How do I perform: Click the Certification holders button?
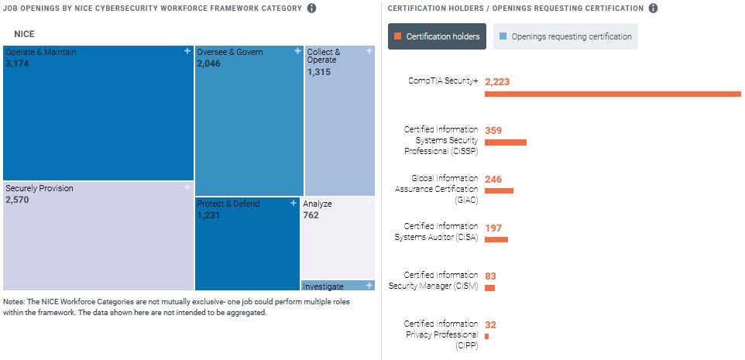pyautogui.click(x=438, y=36)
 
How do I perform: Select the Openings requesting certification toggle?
pyautogui.click(x=565, y=36)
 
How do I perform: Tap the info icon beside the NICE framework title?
pyautogui.click(x=311, y=9)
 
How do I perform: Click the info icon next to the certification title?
pyautogui.click(x=653, y=9)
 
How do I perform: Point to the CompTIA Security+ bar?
pyautogui.click(x=613, y=94)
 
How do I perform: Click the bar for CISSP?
pyautogui.click(x=505, y=142)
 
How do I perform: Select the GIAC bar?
pyautogui.click(x=499, y=190)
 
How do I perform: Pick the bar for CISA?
pyautogui.click(x=496, y=239)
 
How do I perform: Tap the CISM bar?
pyautogui.click(x=489, y=287)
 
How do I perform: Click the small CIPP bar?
pyautogui.click(x=486, y=336)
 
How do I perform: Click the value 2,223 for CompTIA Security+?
pyautogui.click(x=497, y=81)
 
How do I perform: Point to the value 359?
pyautogui.click(x=493, y=130)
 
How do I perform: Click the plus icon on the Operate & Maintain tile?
pyautogui.click(x=187, y=51)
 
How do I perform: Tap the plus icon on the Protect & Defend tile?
pyautogui.click(x=294, y=203)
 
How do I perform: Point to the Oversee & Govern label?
pyautogui.click(x=230, y=52)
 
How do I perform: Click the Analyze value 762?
pyautogui.click(x=311, y=215)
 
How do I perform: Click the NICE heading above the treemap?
pyautogui.click(x=24, y=34)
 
